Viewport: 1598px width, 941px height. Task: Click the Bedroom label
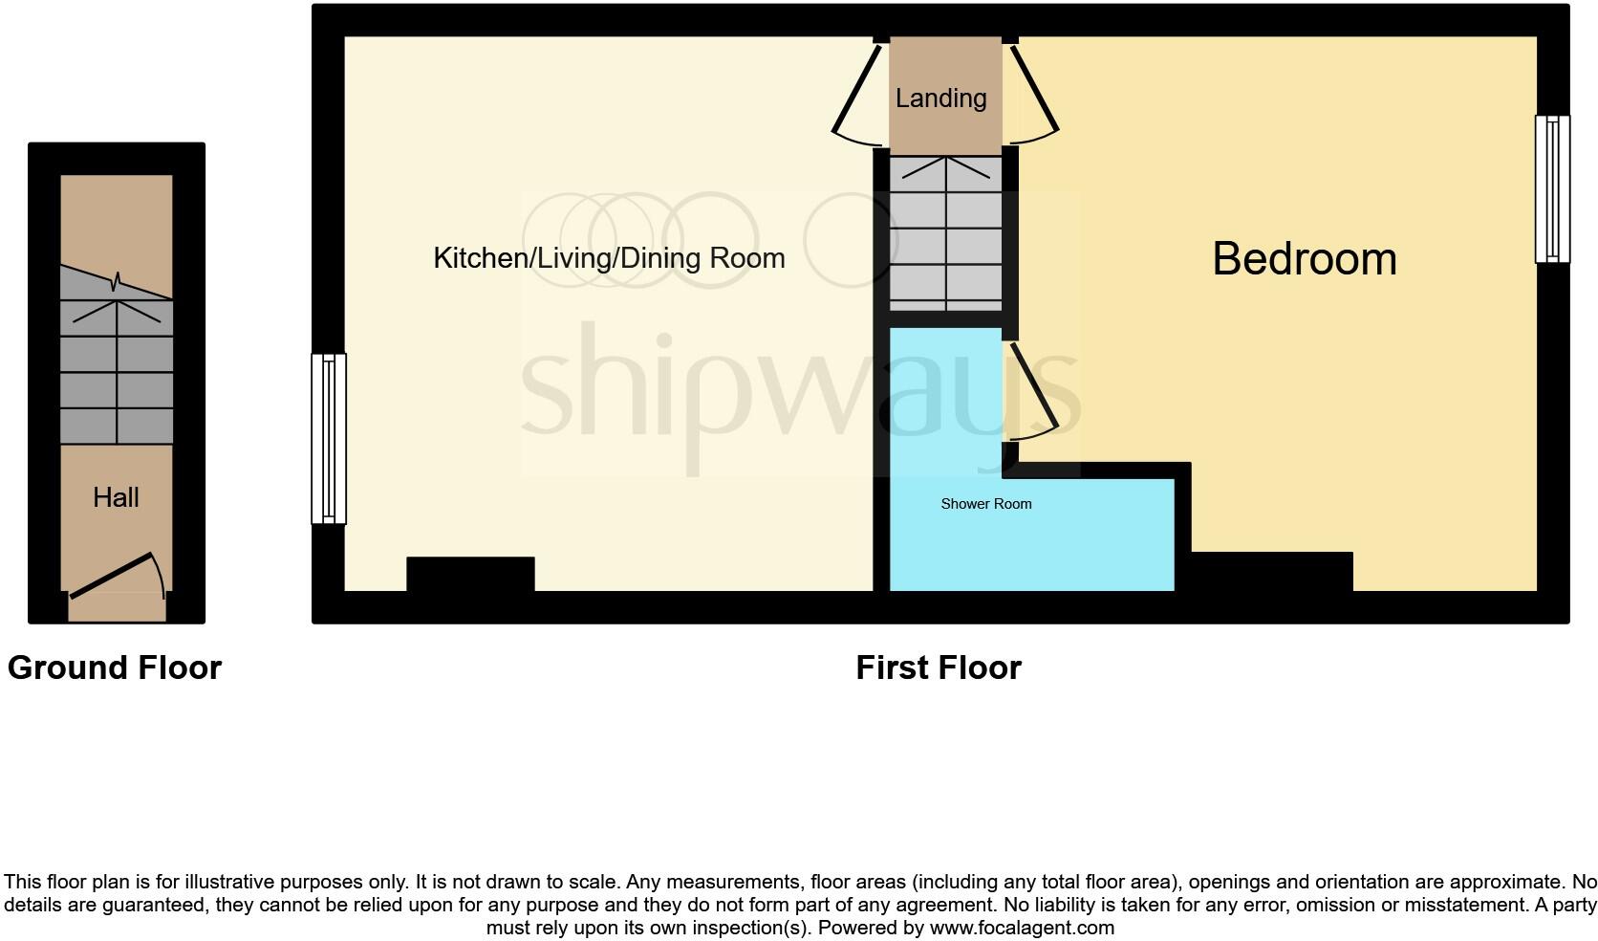1304,258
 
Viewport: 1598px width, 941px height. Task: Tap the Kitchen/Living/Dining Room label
609,258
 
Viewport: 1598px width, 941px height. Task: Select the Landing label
941,98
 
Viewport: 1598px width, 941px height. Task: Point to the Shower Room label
986,503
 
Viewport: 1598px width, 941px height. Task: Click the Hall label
116,497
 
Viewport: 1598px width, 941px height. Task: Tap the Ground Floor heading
114,667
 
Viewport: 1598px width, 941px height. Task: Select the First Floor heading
939,667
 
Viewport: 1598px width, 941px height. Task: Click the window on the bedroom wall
1552,189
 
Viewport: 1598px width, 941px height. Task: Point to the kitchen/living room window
329,438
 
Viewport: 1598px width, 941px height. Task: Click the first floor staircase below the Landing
945,233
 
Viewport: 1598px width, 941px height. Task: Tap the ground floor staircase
117,355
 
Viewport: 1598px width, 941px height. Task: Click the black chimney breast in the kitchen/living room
471,574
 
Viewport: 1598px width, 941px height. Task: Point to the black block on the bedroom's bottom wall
1272,571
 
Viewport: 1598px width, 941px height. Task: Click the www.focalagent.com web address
1022,928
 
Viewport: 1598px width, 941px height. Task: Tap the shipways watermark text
800,385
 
